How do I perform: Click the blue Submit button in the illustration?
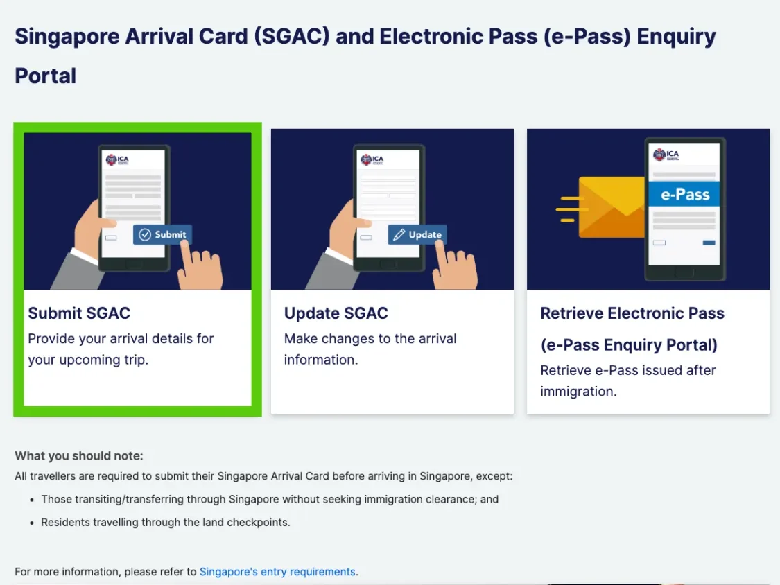click(x=162, y=234)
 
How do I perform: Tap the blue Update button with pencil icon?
click(x=417, y=234)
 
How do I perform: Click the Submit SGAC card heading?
click(x=79, y=313)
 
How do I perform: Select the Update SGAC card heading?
click(x=336, y=313)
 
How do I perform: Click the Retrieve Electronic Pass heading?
click(x=632, y=329)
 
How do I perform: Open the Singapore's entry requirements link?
click(x=277, y=572)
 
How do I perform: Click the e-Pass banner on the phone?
click(x=684, y=195)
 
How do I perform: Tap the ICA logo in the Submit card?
click(x=117, y=159)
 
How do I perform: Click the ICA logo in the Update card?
click(x=372, y=159)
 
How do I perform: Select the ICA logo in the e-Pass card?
click(x=666, y=155)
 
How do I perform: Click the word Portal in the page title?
click(x=45, y=76)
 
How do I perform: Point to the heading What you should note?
click(x=78, y=455)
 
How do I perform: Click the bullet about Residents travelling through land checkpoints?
click(x=165, y=523)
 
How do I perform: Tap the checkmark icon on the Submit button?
click(x=145, y=234)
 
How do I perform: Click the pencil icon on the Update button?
click(x=399, y=234)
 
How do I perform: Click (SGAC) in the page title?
click(x=291, y=36)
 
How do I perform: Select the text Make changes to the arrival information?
click(x=370, y=349)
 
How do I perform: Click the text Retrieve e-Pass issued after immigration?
click(x=627, y=381)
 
